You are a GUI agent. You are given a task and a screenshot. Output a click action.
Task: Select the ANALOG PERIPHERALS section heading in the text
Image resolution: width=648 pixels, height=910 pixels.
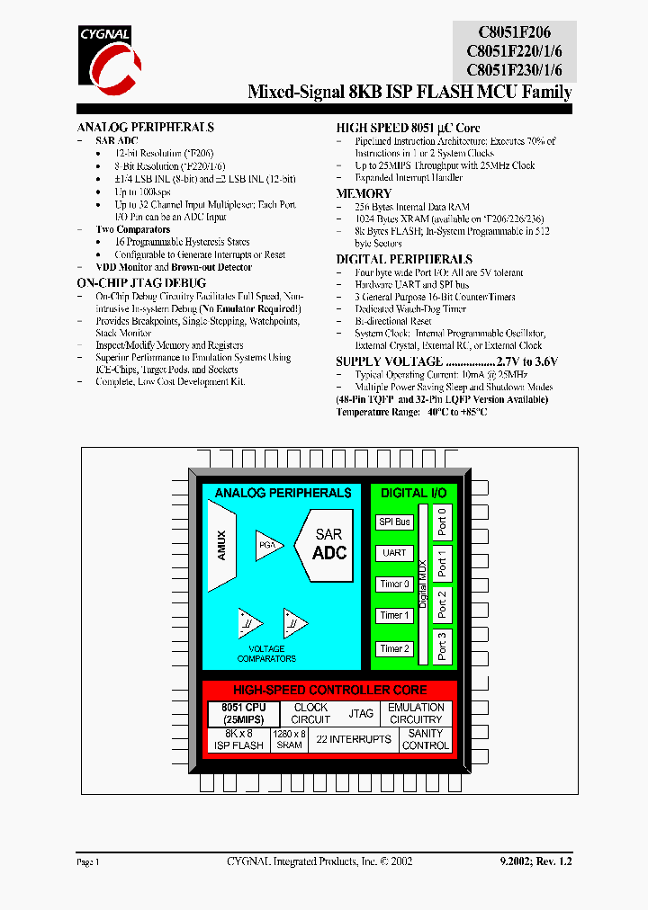point(145,128)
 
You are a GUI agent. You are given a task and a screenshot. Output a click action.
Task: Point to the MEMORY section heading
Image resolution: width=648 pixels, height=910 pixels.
point(364,193)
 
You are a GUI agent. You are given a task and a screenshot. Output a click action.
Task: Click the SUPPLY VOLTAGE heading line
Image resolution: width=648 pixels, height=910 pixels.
point(446,361)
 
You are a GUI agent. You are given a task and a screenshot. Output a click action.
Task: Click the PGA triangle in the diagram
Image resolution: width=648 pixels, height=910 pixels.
point(268,545)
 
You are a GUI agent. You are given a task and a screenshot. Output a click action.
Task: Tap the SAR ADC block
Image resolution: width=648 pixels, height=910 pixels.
point(328,543)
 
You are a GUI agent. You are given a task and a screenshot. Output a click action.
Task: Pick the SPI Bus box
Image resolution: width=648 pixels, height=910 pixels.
point(394,522)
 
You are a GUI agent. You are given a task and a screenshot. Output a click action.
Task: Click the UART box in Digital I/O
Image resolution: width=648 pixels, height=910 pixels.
point(394,553)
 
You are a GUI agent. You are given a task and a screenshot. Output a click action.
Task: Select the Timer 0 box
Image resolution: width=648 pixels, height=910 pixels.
point(394,584)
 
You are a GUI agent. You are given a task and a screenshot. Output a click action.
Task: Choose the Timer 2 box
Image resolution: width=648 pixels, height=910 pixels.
point(394,648)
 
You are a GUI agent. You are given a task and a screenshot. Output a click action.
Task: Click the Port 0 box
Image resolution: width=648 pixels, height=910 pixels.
point(442,522)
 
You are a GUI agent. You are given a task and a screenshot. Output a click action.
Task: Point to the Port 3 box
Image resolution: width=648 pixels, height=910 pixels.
point(442,646)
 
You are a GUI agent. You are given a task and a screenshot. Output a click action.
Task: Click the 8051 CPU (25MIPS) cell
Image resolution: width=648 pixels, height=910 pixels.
point(243,714)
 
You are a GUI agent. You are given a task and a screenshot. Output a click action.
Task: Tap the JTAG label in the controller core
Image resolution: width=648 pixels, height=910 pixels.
point(361,713)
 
